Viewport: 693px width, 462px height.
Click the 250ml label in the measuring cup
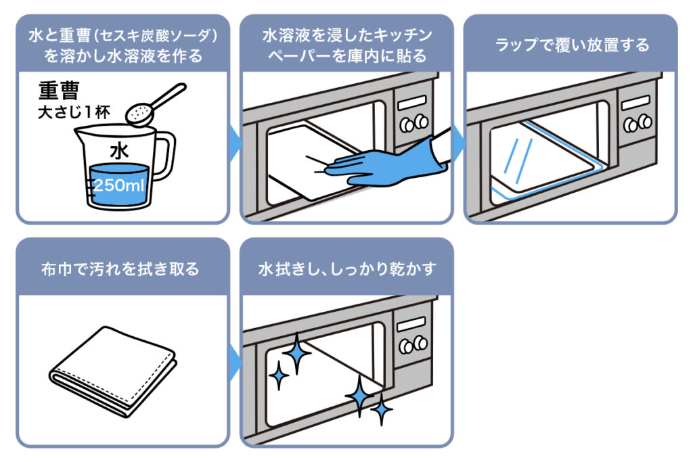click(x=119, y=185)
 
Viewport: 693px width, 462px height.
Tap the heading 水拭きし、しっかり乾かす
click(x=347, y=269)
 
